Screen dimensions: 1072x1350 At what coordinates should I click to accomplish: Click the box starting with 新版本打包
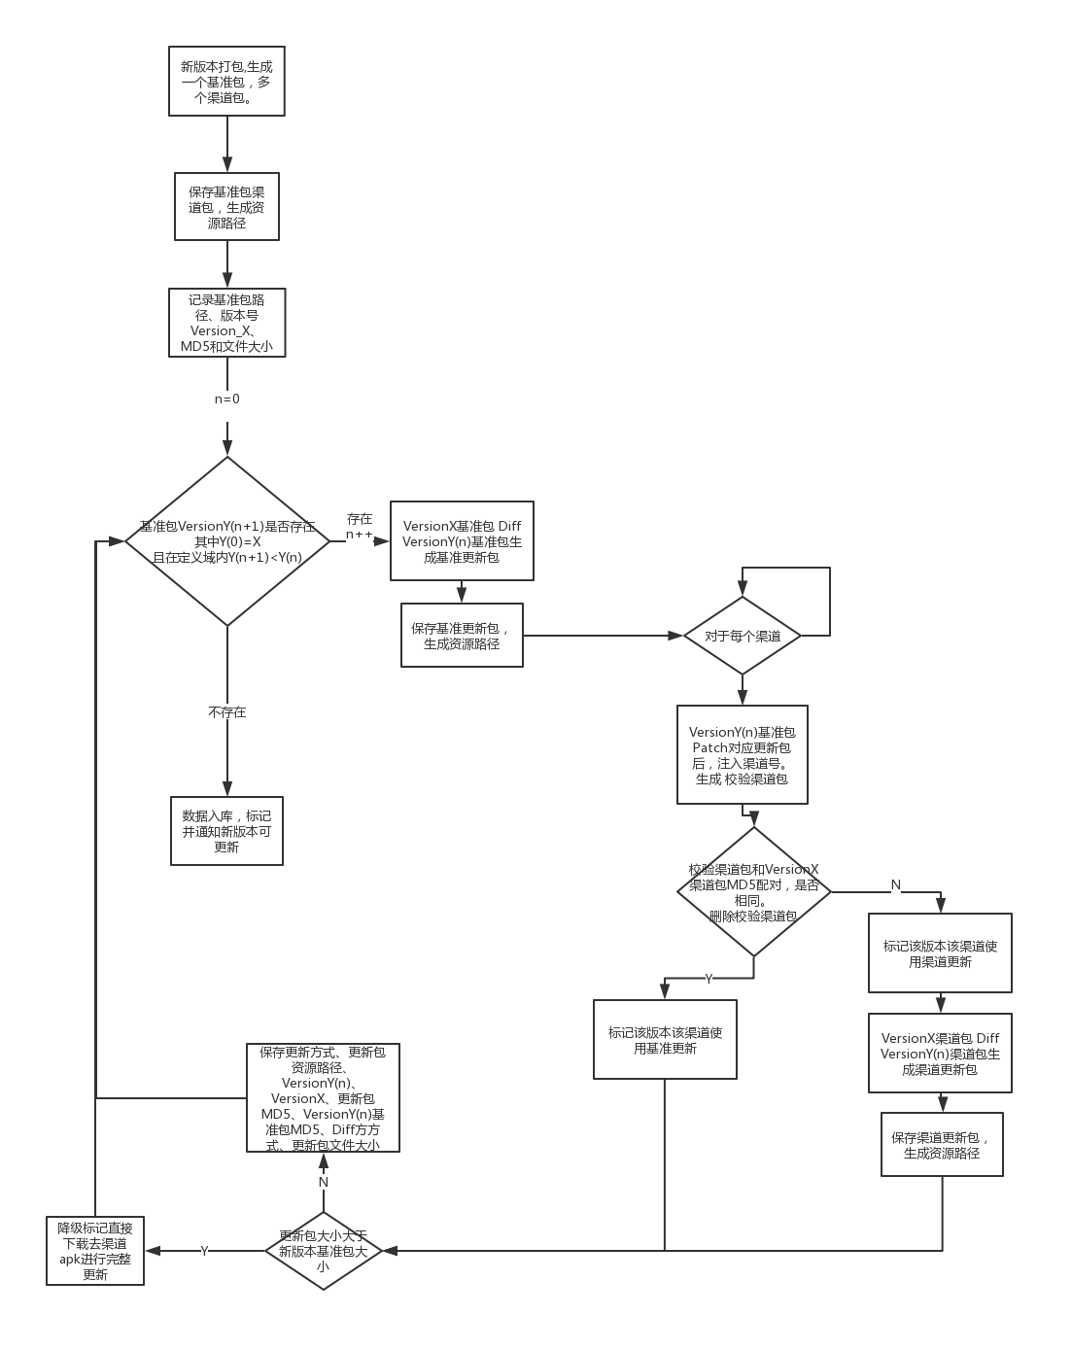(x=226, y=81)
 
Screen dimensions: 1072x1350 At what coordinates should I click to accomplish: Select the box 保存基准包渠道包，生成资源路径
(x=226, y=206)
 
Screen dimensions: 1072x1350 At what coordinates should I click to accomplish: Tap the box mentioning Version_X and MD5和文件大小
(x=227, y=323)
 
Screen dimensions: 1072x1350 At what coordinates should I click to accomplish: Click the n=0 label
(x=227, y=399)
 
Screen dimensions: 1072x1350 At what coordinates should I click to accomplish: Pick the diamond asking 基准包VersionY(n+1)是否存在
(x=227, y=540)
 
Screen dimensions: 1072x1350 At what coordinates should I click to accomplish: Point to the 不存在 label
(x=227, y=712)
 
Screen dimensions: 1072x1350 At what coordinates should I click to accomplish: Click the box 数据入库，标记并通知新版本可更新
(x=226, y=831)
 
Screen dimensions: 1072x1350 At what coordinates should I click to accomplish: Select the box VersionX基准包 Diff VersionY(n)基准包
(x=462, y=540)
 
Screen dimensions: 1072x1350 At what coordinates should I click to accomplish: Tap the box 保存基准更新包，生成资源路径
(x=462, y=635)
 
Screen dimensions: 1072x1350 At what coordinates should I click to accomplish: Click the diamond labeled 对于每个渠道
(x=743, y=636)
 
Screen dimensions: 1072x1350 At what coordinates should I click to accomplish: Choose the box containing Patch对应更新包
(x=743, y=754)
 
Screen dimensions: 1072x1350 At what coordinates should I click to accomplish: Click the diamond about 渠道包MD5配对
(x=753, y=891)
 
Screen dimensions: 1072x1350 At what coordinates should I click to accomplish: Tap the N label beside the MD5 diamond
(x=896, y=884)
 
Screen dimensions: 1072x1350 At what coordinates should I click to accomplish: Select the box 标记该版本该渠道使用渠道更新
(x=940, y=952)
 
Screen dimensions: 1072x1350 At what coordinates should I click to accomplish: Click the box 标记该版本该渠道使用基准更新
(x=665, y=1040)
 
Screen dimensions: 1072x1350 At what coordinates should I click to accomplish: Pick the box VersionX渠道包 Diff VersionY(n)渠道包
(x=940, y=1054)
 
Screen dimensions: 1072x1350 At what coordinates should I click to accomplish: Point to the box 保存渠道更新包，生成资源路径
(x=942, y=1144)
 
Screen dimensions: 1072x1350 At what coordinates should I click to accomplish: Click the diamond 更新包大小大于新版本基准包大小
(x=323, y=1250)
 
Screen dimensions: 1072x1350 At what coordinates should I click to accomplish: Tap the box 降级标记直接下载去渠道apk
(x=95, y=1251)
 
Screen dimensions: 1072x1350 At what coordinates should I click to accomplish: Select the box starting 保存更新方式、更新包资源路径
(x=323, y=1098)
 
